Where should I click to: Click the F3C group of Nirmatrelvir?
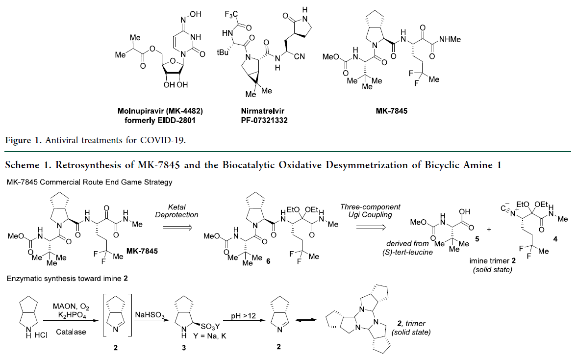230,15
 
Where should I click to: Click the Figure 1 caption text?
96,141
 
